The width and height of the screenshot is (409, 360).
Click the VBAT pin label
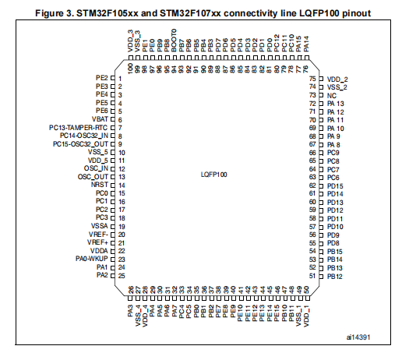click(x=100, y=119)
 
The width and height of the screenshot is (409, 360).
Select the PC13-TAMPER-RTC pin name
click(x=78, y=128)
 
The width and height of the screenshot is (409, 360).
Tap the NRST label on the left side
click(x=100, y=185)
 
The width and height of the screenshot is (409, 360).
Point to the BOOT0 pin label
click(x=174, y=41)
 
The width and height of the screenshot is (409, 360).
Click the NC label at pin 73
click(x=332, y=96)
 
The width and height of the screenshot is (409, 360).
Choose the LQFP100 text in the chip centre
click(x=214, y=175)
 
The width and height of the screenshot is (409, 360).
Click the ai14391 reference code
click(x=358, y=337)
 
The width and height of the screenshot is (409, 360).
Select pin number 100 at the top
click(x=130, y=69)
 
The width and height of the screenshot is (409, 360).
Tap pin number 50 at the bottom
click(x=307, y=290)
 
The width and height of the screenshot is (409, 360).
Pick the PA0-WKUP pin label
click(x=92, y=259)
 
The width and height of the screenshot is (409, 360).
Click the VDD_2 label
click(x=337, y=79)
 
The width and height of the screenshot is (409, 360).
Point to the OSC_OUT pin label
click(x=93, y=177)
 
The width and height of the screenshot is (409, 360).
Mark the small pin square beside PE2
click(x=113, y=78)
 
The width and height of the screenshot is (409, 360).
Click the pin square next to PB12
click(x=321, y=277)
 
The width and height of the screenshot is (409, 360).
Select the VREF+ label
click(x=97, y=242)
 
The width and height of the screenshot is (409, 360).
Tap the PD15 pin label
click(x=335, y=186)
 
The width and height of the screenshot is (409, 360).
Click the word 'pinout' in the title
click(x=357, y=13)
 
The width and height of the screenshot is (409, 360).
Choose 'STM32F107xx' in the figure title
click(x=190, y=13)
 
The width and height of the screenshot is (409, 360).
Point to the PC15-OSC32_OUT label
click(x=80, y=144)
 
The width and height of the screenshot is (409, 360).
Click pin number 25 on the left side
click(x=122, y=276)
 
